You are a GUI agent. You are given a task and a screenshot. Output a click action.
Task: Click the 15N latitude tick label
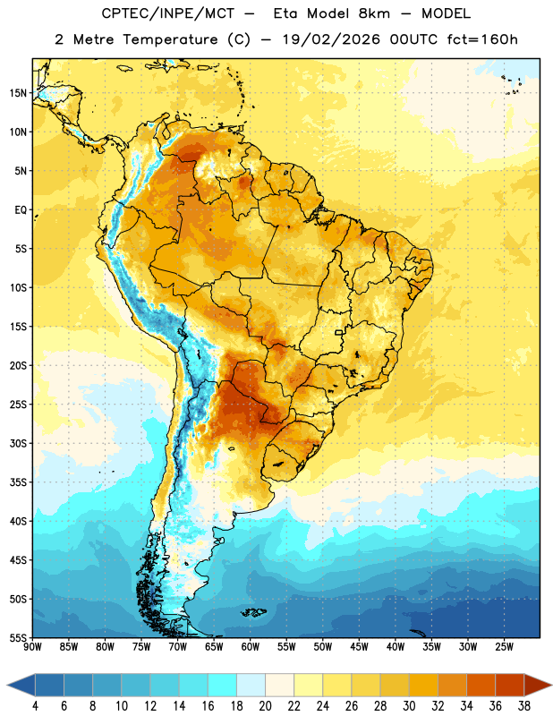tap(18, 93)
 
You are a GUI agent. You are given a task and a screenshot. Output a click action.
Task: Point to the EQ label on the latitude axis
tap(21, 210)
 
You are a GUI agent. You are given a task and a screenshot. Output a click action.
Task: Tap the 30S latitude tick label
tap(18, 444)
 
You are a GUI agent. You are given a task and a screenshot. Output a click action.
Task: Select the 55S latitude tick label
tap(18, 638)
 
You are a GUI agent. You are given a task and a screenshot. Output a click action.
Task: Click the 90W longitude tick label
tap(32, 646)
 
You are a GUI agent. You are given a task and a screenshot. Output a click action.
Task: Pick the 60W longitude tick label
tap(251, 646)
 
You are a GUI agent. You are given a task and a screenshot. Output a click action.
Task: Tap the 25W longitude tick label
tap(504, 646)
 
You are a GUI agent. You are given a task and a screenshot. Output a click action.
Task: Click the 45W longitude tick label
tap(359, 646)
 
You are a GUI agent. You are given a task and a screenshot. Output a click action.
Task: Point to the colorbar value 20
tap(265, 706)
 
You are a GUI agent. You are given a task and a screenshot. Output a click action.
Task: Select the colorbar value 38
tap(524, 706)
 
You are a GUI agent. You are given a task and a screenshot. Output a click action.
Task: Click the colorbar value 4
tap(35, 706)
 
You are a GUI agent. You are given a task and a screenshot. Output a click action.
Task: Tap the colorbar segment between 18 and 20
tap(251, 686)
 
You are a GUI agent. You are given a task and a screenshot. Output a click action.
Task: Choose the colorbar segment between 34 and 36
tap(481, 686)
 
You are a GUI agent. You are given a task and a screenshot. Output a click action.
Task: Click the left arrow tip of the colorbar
tap(7, 686)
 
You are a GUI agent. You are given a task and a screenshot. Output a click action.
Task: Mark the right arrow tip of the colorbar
tap(551, 686)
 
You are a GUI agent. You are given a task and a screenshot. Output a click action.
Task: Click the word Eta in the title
tap(285, 13)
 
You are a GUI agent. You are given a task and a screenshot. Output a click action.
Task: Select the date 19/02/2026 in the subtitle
tap(331, 39)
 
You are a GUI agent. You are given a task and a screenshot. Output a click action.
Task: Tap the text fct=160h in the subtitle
tap(482, 39)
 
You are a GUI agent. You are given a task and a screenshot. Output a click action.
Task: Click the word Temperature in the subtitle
tap(170, 40)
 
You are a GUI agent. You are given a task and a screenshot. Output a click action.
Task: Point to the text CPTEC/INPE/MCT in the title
tap(168, 13)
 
